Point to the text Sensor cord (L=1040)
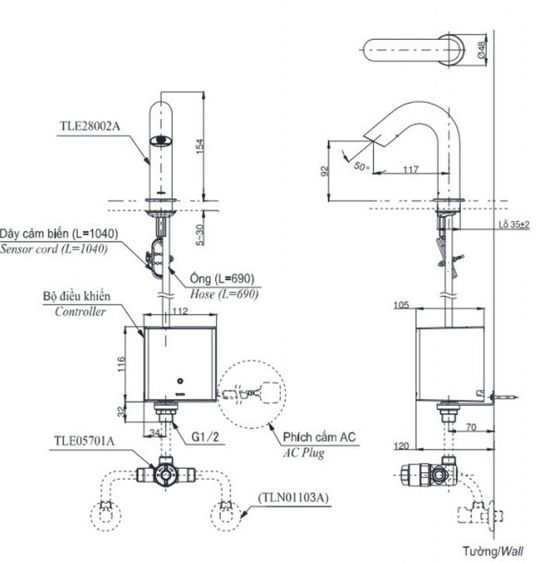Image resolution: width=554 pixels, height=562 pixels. point(54,249)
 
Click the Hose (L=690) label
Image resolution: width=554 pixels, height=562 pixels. point(222,294)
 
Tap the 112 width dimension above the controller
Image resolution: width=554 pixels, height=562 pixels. point(181,311)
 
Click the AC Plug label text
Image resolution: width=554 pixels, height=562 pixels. point(304,453)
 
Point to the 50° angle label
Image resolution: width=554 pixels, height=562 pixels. point(361,167)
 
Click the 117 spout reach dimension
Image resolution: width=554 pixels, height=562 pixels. point(411,170)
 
